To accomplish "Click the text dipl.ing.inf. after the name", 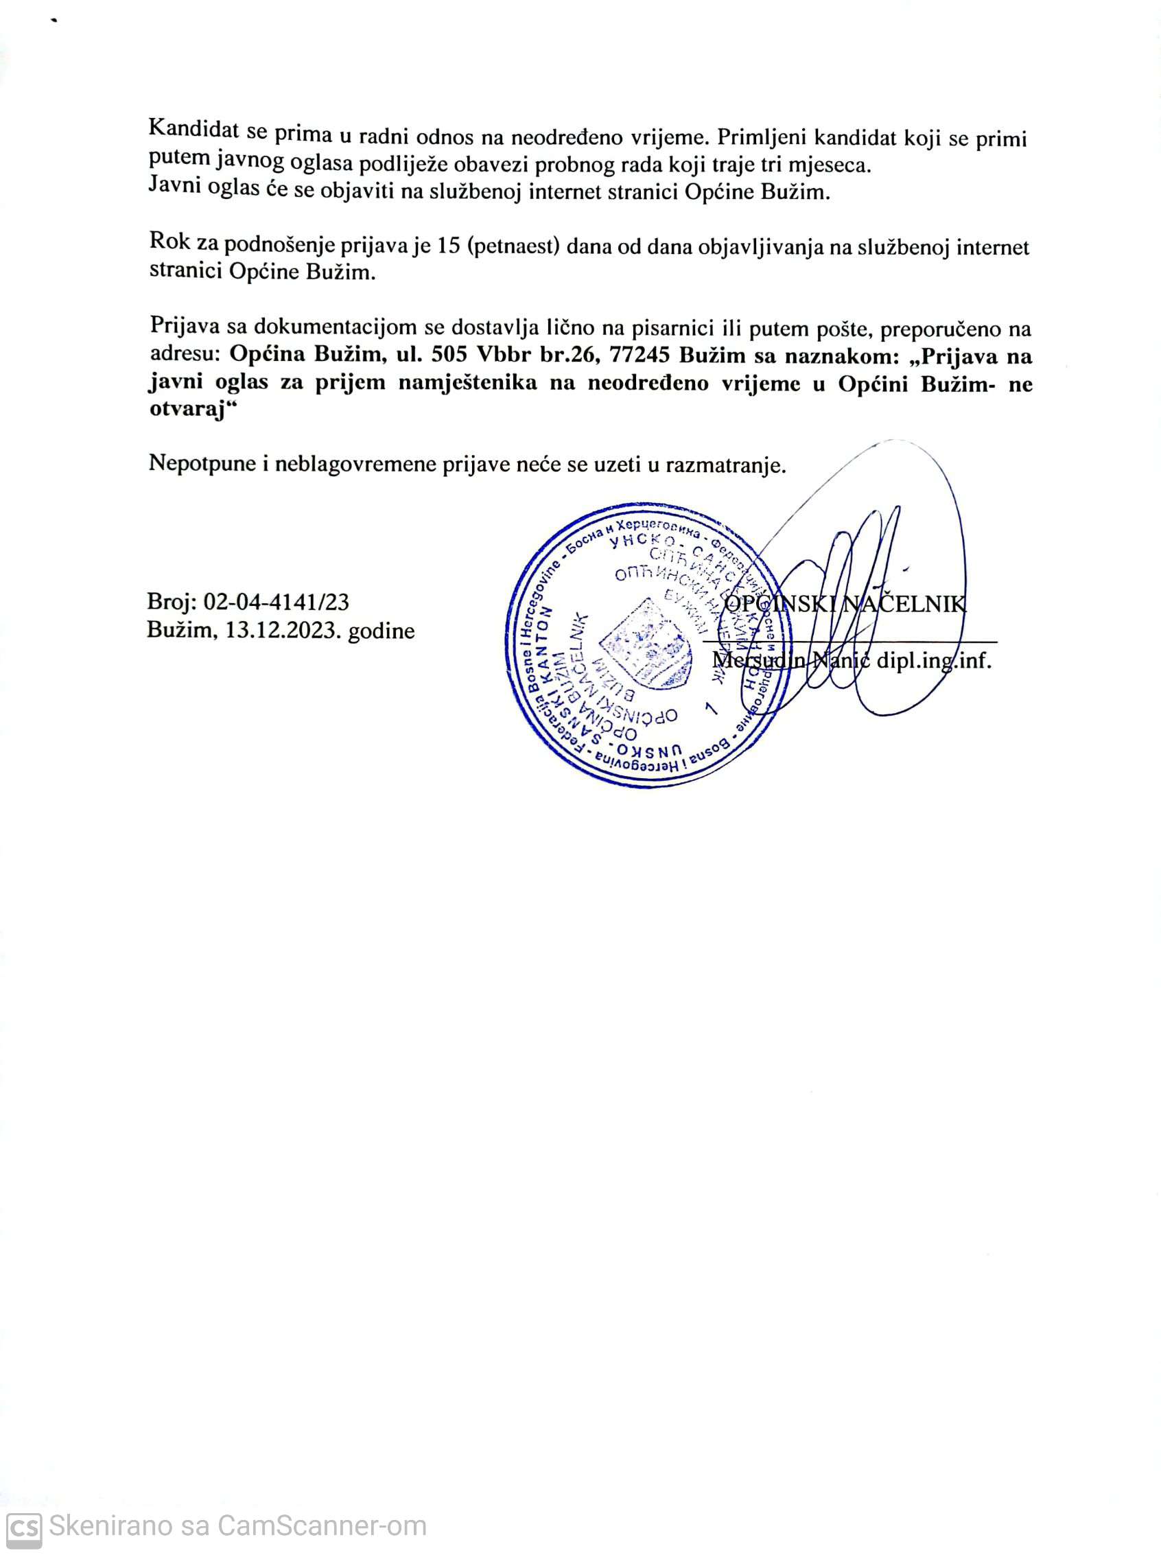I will point(933,661).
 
